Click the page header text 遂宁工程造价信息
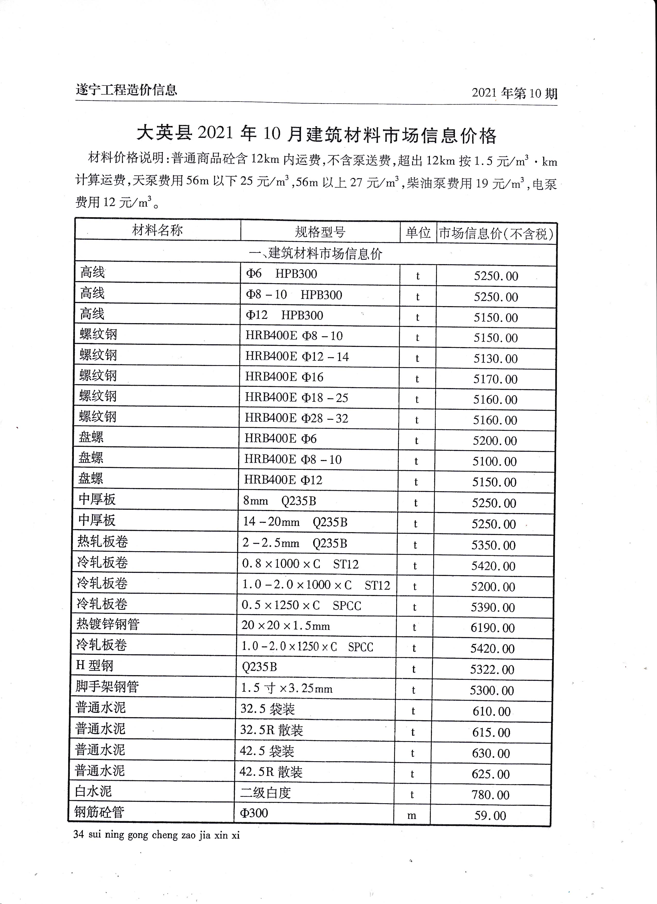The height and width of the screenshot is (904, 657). pos(126,90)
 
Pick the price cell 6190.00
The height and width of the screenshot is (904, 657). pos(492,628)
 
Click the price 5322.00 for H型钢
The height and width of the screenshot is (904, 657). pos(492,669)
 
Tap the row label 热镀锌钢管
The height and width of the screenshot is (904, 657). pos(108,624)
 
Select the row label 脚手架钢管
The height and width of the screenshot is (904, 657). pos(107,686)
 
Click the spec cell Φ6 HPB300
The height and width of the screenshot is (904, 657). pos(281,274)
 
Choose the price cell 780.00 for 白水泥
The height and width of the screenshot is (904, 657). pos(490,795)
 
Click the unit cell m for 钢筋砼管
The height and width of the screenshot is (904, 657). pos(412,816)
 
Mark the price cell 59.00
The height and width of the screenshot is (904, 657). pos(490,816)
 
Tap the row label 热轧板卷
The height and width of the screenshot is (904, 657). pos(103,541)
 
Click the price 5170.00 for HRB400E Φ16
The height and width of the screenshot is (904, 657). pos(495,379)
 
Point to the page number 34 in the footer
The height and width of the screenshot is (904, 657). pos(79,835)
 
